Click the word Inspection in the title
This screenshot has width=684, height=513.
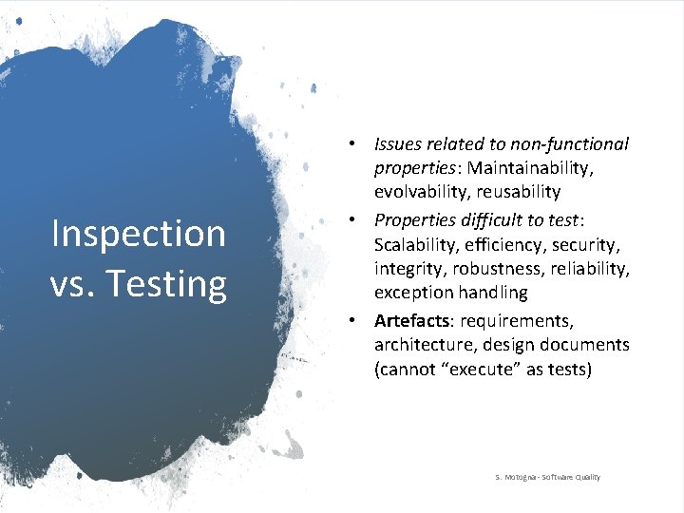coord(138,234)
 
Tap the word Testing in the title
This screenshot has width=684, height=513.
coord(167,283)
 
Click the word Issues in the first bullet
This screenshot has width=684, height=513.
coord(398,144)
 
